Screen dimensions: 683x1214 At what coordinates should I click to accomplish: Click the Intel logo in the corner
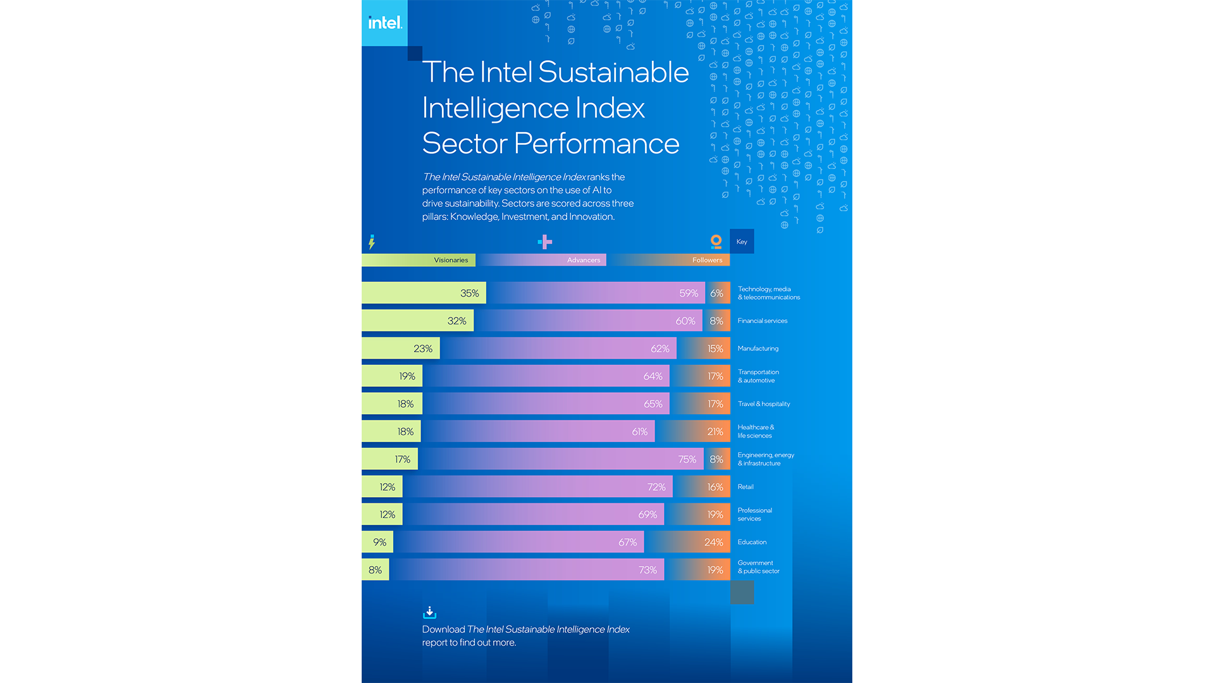[x=384, y=23]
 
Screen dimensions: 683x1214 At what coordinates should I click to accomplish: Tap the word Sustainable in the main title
[x=613, y=72]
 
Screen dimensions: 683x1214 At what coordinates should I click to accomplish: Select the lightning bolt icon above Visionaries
[x=372, y=242]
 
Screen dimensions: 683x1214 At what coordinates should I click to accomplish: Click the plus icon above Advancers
[x=544, y=242]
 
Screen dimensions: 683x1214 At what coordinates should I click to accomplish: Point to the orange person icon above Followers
[x=716, y=242]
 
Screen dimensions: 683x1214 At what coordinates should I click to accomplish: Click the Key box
[x=742, y=242]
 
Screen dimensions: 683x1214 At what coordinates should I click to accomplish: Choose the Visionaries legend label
[x=450, y=260]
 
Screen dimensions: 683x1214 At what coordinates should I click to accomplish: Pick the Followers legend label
[x=706, y=260]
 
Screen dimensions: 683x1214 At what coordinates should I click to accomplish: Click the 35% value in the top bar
[x=469, y=293]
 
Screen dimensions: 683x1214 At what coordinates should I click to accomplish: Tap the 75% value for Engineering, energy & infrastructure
[x=687, y=460]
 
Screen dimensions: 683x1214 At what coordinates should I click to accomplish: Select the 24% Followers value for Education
[x=713, y=543]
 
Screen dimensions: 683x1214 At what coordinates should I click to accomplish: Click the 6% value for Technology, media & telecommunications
[x=716, y=293]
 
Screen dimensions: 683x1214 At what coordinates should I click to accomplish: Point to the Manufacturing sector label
[x=757, y=348]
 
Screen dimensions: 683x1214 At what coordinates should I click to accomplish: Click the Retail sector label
[x=745, y=487]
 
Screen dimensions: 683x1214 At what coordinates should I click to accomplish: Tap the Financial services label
[x=762, y=321]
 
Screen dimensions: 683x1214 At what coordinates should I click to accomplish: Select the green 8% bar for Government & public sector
[x=375, y=570]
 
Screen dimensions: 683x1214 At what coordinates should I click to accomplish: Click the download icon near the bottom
[x=429, y=612]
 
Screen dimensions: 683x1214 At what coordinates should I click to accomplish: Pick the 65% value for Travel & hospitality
[x=653, y=404]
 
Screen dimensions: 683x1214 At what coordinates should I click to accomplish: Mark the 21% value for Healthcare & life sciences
[x=714, y=432]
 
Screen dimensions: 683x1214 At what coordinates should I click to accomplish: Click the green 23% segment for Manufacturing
[x=401, y=348]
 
